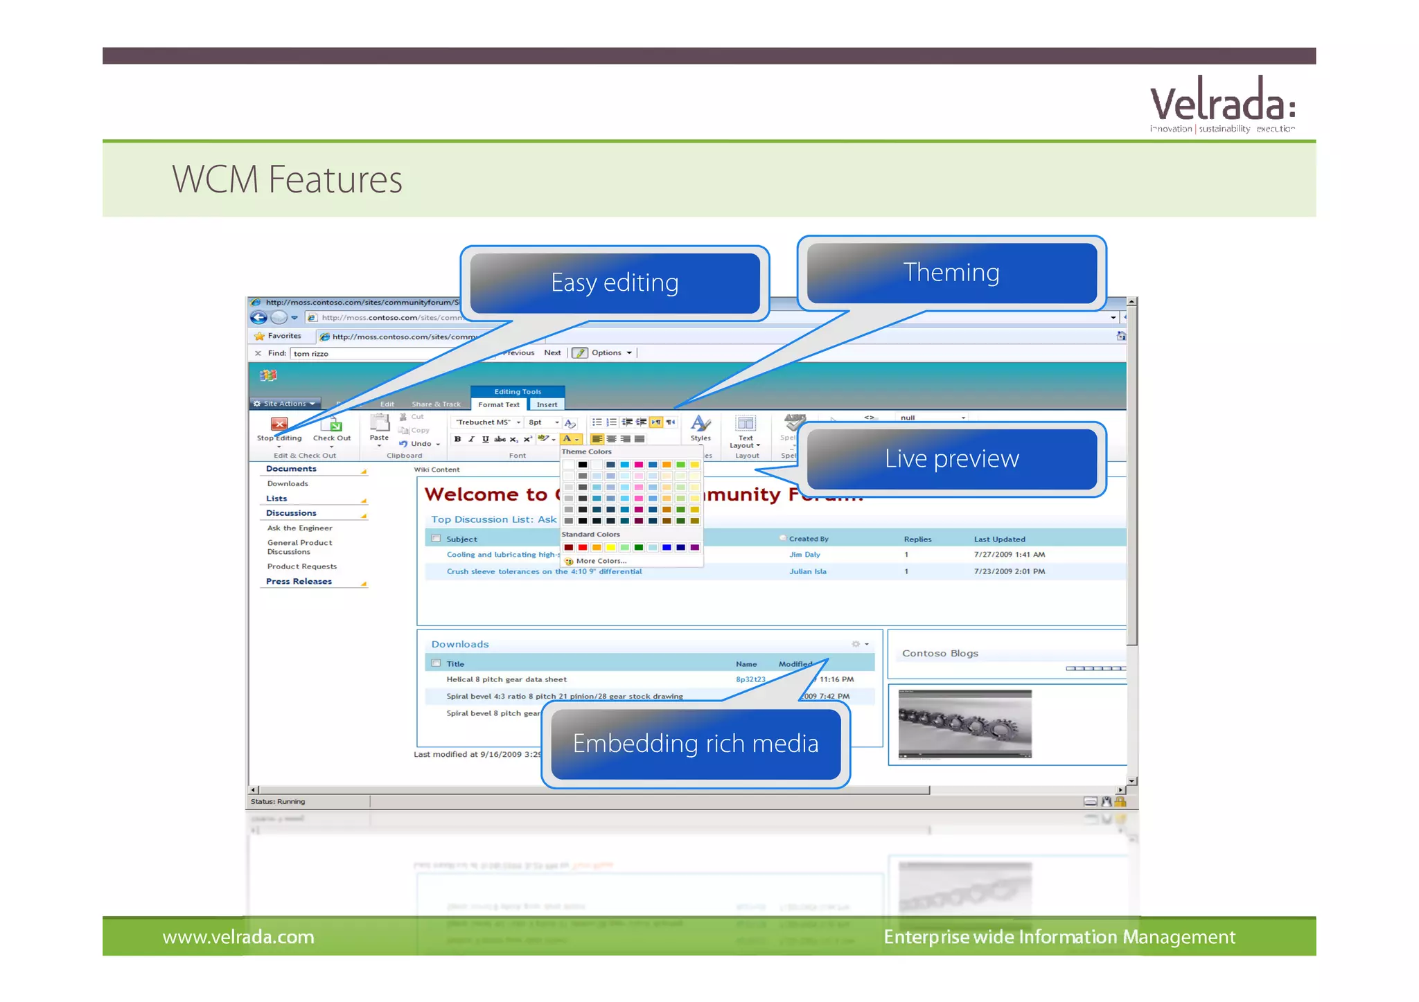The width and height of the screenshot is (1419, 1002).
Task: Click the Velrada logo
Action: pos(1222,105)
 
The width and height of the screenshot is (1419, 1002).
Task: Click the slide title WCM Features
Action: pos(287,180)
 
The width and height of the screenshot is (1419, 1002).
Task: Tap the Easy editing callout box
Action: pos(615,283)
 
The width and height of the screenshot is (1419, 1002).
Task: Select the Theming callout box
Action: pos(951,273)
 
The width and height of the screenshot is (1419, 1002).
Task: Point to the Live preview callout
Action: pos(951,459)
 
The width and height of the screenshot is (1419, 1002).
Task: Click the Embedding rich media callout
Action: pos(696,744)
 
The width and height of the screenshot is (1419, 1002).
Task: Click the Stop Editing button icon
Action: pos(279,424)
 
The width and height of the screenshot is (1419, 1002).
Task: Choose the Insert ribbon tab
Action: pos(547,404)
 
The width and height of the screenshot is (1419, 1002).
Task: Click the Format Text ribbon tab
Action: pos(498,404)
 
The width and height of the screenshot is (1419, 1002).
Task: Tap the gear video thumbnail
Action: pos(964,724)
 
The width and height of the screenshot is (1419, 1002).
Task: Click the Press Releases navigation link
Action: pos(299,582)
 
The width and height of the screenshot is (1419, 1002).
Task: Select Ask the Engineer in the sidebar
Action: pos(299,528)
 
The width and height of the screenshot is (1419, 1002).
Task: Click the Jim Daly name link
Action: pos(804,555)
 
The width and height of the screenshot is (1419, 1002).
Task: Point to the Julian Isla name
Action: pos(807,572)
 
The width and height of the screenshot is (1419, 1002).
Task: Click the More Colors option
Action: pos(600,561)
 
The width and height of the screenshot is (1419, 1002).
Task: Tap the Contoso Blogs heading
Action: pos(940,654)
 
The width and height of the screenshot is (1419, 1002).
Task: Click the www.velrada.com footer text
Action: pos(238,938)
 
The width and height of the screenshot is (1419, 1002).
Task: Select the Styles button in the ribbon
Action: pos(700,428)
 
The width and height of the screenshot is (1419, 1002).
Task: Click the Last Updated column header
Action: pos(999,539)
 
